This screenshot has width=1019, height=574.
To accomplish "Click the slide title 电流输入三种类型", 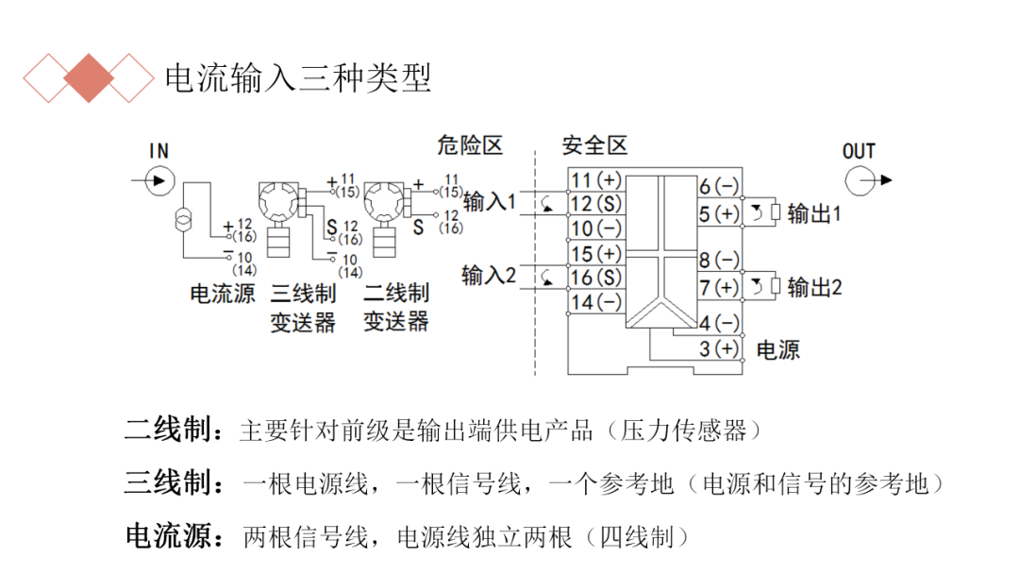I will coord(298,78).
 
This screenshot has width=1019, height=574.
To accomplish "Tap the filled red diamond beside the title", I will coord(90,78).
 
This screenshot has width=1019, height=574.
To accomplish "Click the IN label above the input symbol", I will coord(159,150).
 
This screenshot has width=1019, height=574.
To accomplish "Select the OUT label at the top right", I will coord(859,151).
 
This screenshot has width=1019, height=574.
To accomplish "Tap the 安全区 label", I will coord(594,145).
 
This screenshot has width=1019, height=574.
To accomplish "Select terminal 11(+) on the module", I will coord(596,180).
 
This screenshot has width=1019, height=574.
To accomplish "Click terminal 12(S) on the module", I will coord(596,203).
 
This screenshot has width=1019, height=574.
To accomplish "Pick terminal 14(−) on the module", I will coord(596,302).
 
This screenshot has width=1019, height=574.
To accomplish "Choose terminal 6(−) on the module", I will coord(719,187).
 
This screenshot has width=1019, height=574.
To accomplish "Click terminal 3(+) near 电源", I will coord(719,349).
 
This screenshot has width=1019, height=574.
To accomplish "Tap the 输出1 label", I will coord(813,213).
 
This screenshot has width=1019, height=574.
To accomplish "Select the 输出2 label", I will coord(813,287).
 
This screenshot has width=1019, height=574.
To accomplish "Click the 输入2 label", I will coord(490,275).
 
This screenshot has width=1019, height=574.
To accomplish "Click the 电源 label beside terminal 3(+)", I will coord(778,350).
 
